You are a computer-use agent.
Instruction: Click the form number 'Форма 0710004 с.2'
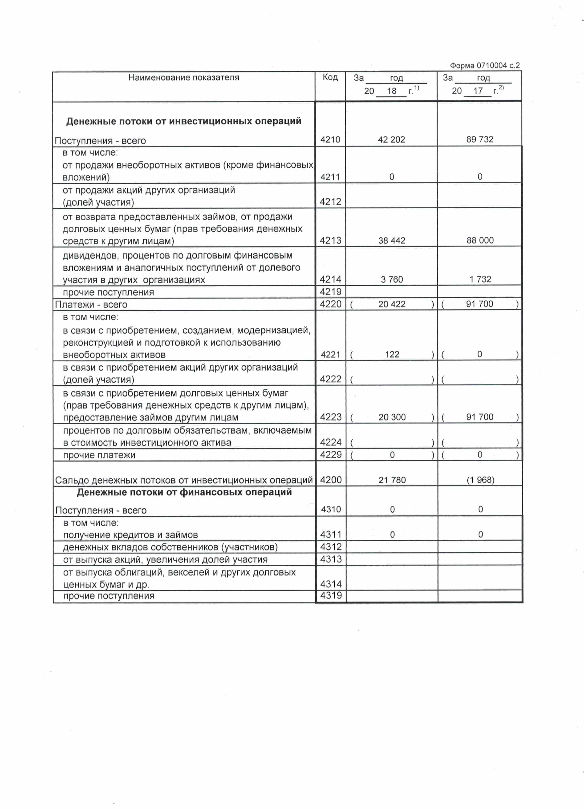coord(484,66)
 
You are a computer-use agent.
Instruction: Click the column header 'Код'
coord(330,77)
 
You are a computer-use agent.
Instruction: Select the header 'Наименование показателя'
coord(184,77)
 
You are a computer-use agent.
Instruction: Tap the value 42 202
coord(391,139)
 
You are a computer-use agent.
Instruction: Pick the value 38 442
coord(392,240)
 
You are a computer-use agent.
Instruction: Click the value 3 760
coord(392,279)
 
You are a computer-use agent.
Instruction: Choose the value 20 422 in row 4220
coord(392,304)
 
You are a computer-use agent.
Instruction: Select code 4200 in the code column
coord(331,480)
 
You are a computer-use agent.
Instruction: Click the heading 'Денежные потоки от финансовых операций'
coord(184,493)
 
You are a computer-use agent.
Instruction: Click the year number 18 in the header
coord(392,91)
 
